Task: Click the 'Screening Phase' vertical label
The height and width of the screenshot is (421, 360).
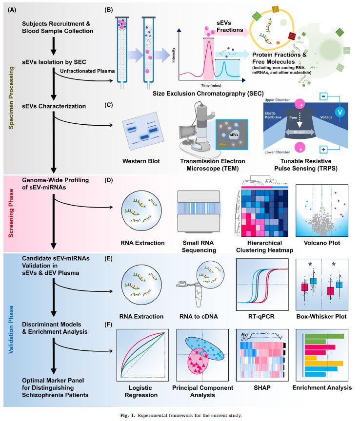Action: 11,213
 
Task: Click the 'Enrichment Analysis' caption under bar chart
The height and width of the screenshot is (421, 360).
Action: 322,388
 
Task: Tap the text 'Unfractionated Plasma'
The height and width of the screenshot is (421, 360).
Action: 87,72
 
